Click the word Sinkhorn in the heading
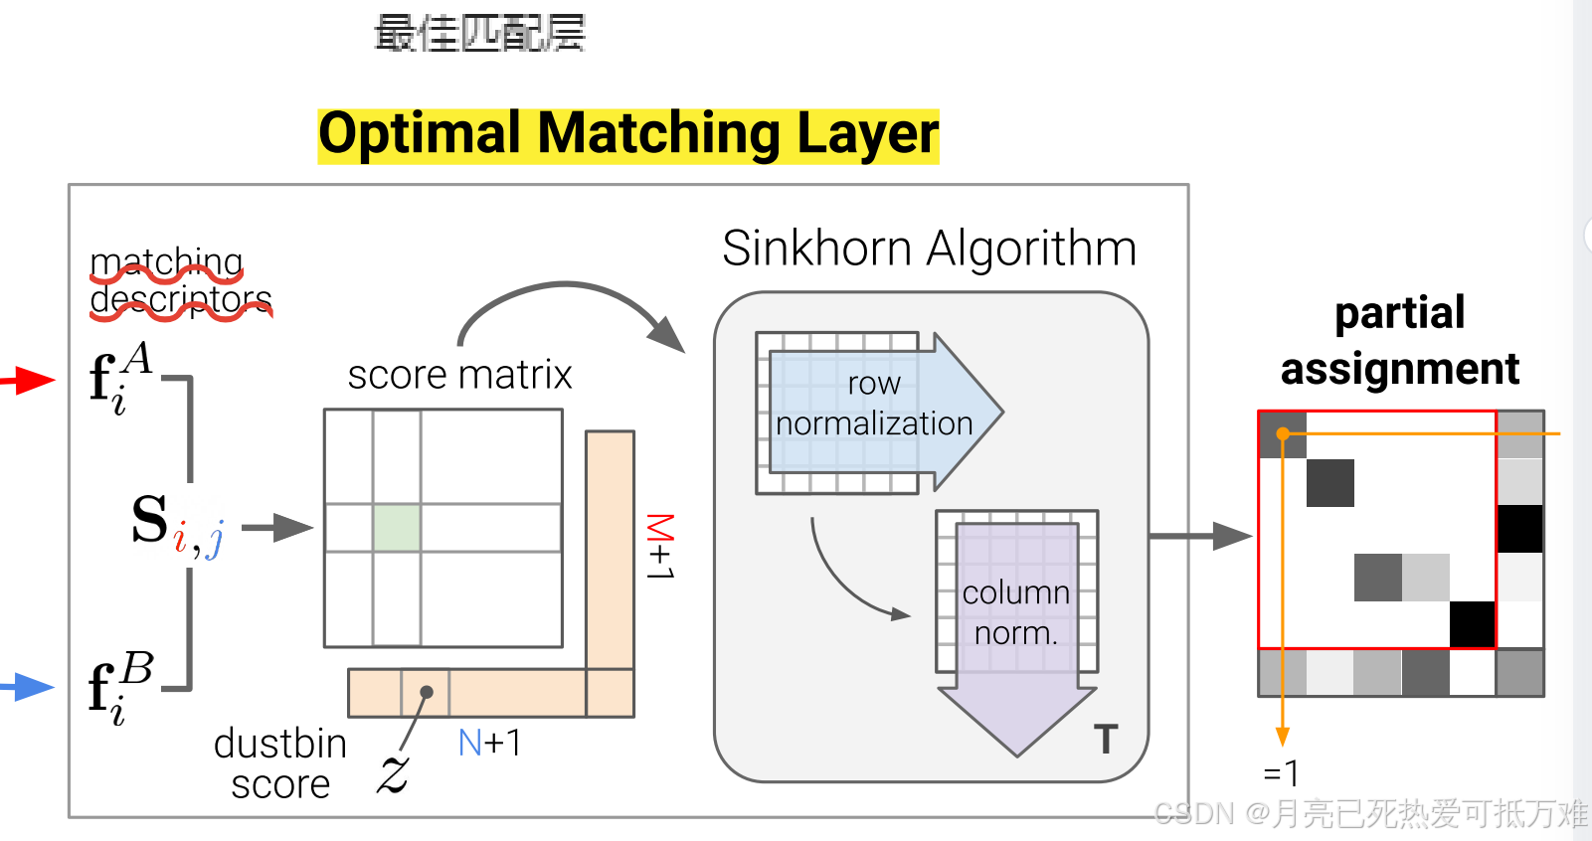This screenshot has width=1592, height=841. (816, 249)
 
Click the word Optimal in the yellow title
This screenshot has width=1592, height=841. (419, 134)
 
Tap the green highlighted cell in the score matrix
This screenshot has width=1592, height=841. (397, 528)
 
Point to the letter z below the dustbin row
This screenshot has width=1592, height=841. (394, 772)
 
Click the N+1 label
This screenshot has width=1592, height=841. (489, 743)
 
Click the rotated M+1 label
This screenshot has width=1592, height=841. (660, 547)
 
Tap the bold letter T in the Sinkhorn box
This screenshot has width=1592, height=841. (1106, 739)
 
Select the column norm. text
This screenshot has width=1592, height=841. (1015, 612)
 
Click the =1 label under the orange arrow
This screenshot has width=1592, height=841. (1281, 773)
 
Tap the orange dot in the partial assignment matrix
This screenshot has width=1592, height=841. (1283, 433)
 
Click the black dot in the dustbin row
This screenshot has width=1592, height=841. (427, 692)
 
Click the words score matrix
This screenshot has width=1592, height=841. (459, 376)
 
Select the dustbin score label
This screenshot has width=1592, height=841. (280, 763)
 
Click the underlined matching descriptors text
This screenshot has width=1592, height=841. (180, 281)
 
